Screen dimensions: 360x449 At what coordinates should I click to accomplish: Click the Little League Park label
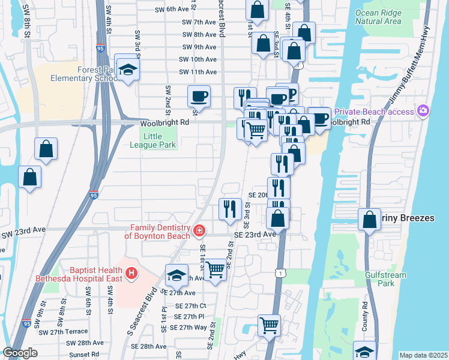tap(145, 140)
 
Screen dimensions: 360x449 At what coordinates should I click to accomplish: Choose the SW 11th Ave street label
tap(197, 72)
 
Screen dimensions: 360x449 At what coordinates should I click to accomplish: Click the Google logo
tap(20, 353)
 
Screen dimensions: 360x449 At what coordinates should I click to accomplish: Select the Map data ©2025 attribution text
tap(423, 355)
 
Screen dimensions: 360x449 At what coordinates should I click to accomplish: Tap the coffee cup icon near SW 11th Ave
tap(199, 96)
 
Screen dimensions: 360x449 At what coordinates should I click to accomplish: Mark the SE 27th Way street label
tap(188, 328)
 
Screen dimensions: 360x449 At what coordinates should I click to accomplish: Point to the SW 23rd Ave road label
tap(24, 229)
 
